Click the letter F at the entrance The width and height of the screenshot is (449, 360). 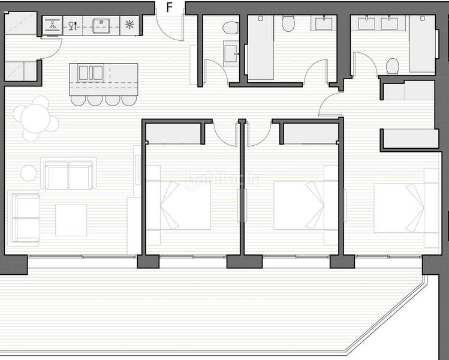170,7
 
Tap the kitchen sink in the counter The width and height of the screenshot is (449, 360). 101,25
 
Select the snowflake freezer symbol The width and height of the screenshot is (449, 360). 129,25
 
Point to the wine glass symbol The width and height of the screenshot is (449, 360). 72,25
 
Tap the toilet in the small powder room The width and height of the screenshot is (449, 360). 230,28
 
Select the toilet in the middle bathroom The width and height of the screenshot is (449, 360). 288,24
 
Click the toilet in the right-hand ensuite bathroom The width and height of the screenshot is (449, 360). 393,65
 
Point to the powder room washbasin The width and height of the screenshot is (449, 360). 230,53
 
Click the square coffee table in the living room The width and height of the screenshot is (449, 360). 71,220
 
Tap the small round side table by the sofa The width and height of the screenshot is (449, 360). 29,173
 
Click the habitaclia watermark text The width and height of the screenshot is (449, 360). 224,178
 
